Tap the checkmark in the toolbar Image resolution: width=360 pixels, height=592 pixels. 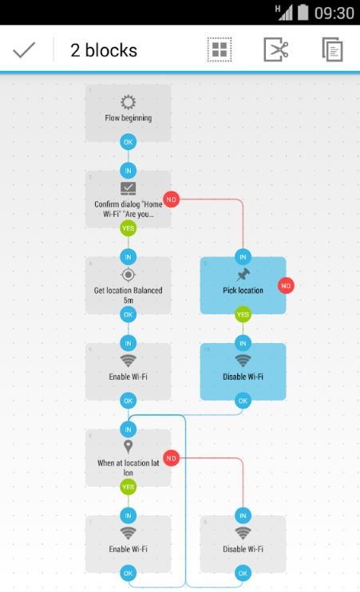point(24,50)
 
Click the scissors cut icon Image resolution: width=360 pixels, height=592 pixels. point(275,49)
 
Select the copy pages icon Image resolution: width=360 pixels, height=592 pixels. point(332,49)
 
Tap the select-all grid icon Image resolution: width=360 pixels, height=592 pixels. point(220,49)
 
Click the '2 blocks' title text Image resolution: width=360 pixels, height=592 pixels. point(104,50)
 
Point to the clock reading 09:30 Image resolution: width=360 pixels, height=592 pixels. point(334,14)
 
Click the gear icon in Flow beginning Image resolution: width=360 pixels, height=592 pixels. point(128,102)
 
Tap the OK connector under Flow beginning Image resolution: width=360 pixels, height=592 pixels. point(128,142)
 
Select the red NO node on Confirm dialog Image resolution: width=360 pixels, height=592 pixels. point(171,199)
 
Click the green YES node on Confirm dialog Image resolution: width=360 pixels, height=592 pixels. point(128,228)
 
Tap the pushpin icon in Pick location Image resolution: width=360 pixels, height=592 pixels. point(243,274)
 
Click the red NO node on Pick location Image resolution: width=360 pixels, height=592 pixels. point(286,286)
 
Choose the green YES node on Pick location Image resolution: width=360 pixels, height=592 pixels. point(243,314)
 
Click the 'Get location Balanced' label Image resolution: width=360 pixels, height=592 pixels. point(128,290)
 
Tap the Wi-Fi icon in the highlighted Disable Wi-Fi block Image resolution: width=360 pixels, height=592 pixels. point(243,361)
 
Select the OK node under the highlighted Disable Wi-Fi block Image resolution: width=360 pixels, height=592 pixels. point(243,401)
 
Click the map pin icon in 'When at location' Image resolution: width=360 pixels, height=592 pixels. point(128,447)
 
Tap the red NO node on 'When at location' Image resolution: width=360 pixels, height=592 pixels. point(171,458)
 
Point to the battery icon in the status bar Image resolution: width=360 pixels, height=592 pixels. point(303,13)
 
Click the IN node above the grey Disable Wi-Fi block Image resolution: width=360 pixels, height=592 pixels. point(243,515)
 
